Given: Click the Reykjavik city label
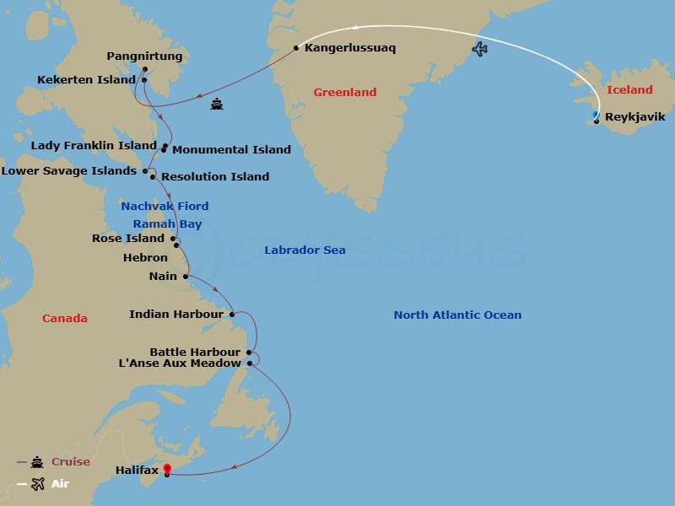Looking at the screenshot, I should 635,117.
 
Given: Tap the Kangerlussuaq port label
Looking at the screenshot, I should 350,48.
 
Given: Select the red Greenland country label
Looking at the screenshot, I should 344,92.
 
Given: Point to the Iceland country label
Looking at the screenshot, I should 629,89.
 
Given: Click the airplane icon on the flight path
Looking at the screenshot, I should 480,48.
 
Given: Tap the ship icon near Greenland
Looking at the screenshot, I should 217,105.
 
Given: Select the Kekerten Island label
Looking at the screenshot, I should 87,79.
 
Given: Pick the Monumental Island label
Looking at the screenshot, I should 232,149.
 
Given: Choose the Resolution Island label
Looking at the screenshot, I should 215,176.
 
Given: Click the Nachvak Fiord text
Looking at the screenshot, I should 165,206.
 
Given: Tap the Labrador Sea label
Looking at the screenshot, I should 305,250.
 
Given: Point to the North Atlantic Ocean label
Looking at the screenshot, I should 457,315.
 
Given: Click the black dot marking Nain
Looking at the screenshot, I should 186,276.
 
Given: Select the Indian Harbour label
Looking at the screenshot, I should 175,315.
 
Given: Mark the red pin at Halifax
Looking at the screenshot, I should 167,469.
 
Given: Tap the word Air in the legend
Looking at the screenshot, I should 61,483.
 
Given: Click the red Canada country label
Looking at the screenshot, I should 65,318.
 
